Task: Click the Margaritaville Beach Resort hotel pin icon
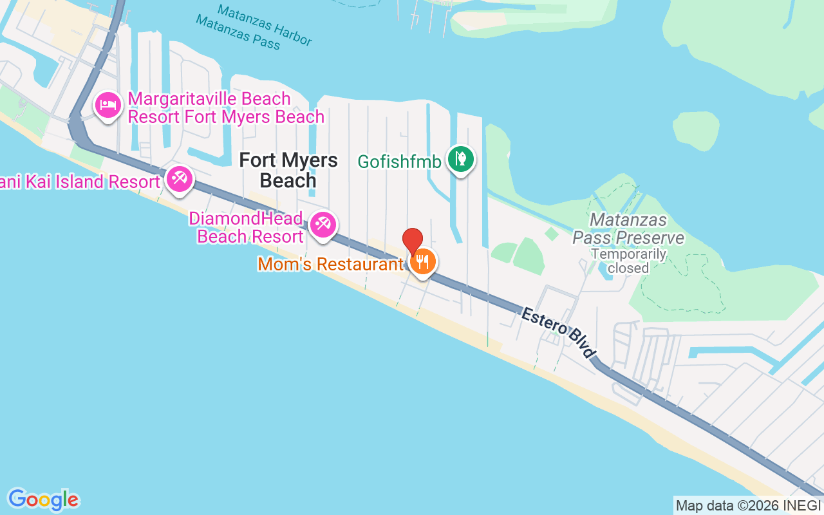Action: [108, 105]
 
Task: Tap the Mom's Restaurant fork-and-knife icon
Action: [422, 262]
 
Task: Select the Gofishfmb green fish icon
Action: [460, 158]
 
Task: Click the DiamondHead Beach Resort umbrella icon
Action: [322, 225]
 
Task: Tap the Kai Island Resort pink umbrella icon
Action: [178, 179]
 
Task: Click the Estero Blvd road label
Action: [557, 333]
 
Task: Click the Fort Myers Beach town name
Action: [288, 170]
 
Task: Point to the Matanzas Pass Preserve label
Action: [628, 229]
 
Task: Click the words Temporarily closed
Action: [628, 260]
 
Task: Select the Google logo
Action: [43, 500]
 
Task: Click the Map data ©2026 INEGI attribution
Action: [749, 505]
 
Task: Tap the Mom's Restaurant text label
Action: [330, 264]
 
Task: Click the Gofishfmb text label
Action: [399, 161]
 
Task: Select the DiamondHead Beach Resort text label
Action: [246, 227]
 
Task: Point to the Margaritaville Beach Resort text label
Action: [225, 108]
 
